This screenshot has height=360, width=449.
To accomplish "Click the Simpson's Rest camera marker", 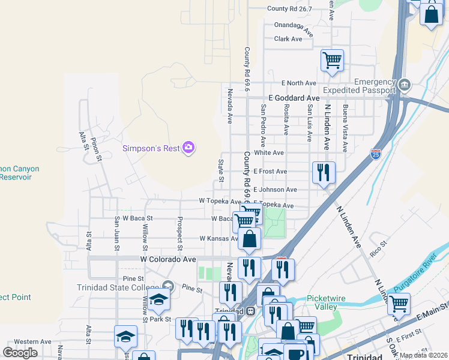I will click(x=188, y=148).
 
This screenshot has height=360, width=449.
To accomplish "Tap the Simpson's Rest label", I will click(x=151, y=148).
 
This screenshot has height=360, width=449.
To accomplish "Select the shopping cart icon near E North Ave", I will click(x=332, y=61).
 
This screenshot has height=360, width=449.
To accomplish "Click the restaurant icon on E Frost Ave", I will click(x=324, y=173).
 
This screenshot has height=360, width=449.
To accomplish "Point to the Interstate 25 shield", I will click(x=376, y=155).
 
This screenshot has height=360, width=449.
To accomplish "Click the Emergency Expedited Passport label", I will click(x=359, y=86).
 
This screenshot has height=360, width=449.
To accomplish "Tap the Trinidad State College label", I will click(x=118, y=287).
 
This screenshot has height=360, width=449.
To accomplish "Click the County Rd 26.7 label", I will click(x=290, y=8).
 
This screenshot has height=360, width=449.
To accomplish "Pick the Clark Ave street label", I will click(x=288, y=39).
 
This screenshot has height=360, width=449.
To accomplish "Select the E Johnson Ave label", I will click(x=275, y=190).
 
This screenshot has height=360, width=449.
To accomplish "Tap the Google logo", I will click(x=20, y=353).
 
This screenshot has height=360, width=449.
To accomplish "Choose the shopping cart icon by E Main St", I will click(x=398, y=304).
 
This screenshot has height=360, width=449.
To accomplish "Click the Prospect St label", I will click(x=179, y=233).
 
